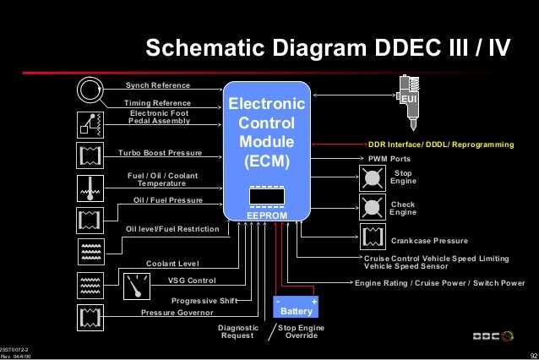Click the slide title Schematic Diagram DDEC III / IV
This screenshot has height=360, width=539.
coord(329,49)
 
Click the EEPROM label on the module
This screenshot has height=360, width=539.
coord(267,216)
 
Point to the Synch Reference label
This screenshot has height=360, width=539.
coord(158,86)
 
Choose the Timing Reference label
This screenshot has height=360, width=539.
coord(158,103)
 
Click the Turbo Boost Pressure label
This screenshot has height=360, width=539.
coord(160,153)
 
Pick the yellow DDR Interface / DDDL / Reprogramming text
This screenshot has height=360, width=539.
coord(440,145)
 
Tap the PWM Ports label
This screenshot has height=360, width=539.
coord(389,158)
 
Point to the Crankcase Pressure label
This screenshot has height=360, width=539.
coord(429,241)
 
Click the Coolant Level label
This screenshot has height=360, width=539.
coord(172,264)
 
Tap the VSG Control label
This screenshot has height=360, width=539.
coord(192,281)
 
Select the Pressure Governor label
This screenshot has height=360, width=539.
coord(177,312)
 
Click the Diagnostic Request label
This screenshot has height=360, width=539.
coord(237,331)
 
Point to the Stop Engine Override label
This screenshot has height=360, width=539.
coord(301,331)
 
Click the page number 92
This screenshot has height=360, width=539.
coord(531,356)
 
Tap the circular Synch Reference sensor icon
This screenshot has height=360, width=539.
coord(89,88)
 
